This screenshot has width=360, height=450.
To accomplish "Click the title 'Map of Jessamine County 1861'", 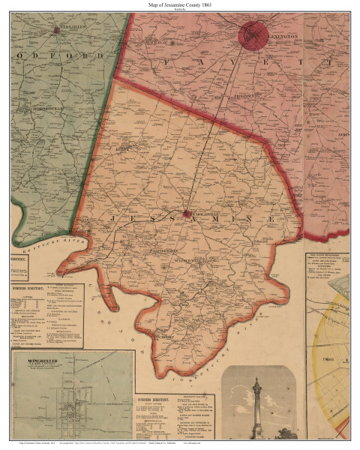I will coord(179,5).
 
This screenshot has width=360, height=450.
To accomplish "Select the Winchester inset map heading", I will coord(37,361).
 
